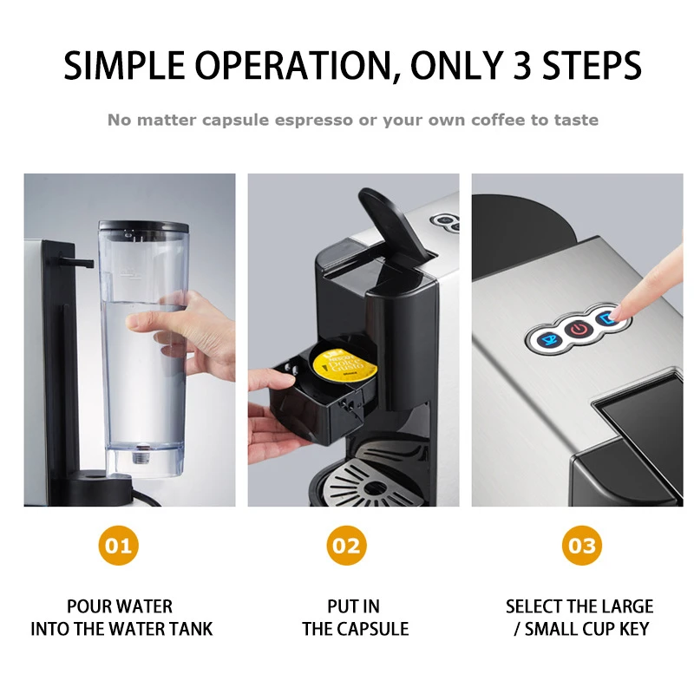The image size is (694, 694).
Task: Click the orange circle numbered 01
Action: pyautogui.click(x=120, y=546)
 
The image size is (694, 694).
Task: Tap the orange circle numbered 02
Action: pyautogui.click(x=346, y=546)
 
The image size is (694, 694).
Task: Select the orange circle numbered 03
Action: pyautogui.click(x=581, y=546)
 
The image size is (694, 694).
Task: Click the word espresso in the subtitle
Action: pyautogui.click(x=312, y=120)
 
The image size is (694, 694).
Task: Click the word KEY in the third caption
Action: pyautogui.click(x=631, y=629)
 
